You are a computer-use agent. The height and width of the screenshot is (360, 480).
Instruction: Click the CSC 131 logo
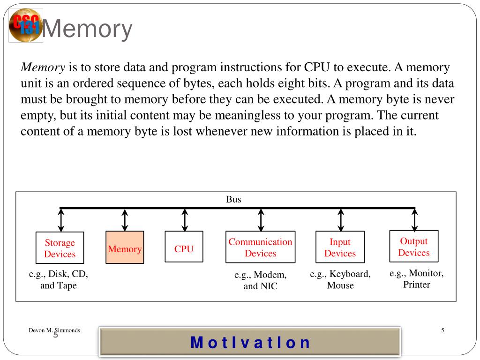[25, 25]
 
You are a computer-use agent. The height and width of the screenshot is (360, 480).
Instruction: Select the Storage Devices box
[60, 248]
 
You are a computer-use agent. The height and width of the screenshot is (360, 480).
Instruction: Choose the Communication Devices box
[260, 247]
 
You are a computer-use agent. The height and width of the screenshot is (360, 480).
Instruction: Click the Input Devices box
[340, 247]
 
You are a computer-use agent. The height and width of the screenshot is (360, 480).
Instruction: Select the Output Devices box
[414, 247]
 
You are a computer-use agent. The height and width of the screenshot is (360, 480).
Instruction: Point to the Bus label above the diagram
[233, 200]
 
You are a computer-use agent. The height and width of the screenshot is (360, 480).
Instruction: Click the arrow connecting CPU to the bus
[185, 219]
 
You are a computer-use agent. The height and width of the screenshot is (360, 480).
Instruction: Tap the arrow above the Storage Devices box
[61, 219]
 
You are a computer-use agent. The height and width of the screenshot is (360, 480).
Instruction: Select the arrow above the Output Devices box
[414, 219]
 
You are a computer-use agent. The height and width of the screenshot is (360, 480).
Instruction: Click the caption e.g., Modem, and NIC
[260, 280]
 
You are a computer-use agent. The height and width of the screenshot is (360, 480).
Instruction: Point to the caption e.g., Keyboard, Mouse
[340, 280]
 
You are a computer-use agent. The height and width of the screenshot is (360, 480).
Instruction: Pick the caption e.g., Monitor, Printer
[416, 279]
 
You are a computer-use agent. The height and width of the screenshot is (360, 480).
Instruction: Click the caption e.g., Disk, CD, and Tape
[59, 280]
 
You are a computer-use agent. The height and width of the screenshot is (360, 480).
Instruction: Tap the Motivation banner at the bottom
[250, 342]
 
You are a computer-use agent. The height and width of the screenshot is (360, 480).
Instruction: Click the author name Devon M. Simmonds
[54, 330]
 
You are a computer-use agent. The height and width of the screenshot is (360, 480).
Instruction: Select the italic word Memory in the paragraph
[43, 67]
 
